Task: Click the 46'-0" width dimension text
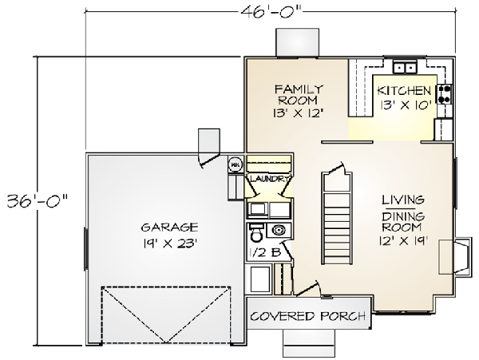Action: click(x=271, y=12)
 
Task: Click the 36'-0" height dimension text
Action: click(x=38, y=200)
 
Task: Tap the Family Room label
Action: click(x=299, y=95)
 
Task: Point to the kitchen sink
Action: click(x=405, y=67)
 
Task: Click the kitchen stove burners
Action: click(x=445, y=93)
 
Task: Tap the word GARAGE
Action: click(x=169, y=227)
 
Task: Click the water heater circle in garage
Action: click(x=235, y=165)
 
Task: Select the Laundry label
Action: click(x=269, y=179)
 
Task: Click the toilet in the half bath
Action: click(x=256, y=232)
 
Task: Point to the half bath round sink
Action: click(x=278, y=230)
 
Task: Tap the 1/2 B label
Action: click(x=264, y=252)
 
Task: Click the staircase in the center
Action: click(x=337, y=219)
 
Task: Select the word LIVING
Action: click(x=403, y=200)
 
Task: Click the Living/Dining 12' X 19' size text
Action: click(x=403, y=241)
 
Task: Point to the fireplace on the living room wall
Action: click(x=454, y=256)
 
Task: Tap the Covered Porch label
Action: click(x=308, y=316)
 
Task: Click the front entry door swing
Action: click(x=308, y=289)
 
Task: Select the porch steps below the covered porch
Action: click(x=309, y=343)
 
